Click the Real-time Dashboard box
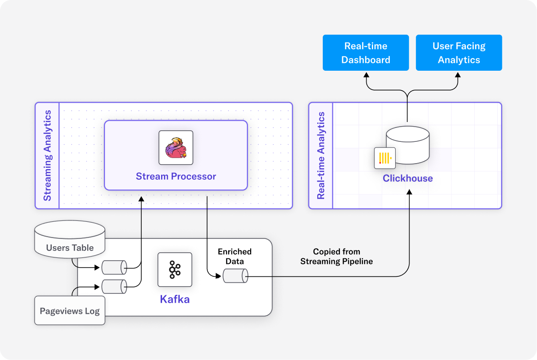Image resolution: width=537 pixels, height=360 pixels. tap(366, 53)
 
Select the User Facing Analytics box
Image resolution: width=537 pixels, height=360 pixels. tap(459, 53)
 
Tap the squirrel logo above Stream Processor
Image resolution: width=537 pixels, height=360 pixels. tap(176, 147)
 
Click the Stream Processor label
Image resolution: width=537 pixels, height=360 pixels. tap(176, 176)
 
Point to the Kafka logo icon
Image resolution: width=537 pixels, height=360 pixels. tap(175, 269)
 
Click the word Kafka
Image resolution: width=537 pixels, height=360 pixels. tap(175, 299)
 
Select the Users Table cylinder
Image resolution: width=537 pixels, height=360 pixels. tap(70, 239)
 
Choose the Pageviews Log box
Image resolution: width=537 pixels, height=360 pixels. tap(70, 311)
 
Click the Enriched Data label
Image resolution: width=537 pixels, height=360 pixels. tap(235, 256)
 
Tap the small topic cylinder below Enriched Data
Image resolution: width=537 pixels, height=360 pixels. tap(235, 276)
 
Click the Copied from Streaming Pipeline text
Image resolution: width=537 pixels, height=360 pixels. tap(336, 256)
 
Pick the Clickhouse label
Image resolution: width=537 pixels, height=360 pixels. tap(408, 178)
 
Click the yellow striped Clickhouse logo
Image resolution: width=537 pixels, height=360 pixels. tap(385, 158)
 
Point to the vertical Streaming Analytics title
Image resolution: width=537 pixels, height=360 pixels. tap(48, 155)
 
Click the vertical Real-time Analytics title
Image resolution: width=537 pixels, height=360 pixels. tap(321, 155)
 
